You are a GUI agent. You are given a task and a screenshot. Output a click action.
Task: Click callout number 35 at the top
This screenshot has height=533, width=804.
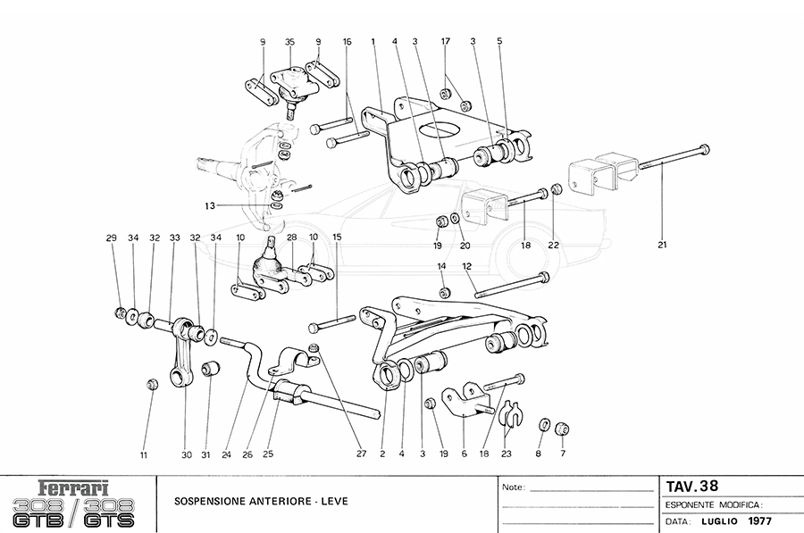(289, 42)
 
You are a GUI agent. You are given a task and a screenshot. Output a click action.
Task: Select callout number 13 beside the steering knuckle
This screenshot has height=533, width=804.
(208, 206)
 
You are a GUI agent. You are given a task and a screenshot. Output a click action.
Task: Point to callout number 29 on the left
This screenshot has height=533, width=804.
(111, 237)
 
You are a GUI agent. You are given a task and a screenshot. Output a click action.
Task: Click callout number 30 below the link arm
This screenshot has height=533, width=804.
(187, 454)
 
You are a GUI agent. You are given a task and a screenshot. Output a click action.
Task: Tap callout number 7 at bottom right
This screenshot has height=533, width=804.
(563, 454)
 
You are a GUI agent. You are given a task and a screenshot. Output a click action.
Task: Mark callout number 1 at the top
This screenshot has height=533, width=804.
(373, 42)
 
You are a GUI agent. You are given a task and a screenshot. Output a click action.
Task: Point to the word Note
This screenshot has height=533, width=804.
(512, 488)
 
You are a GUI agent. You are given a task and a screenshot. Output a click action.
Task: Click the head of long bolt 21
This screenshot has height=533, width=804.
(705, 148)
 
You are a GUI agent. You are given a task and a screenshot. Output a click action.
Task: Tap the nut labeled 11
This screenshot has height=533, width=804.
(152, 385)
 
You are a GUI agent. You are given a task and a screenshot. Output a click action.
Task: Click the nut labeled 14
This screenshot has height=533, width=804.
(444, 293)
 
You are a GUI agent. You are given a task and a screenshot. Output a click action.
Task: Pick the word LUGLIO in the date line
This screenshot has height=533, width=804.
(719, 521)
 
